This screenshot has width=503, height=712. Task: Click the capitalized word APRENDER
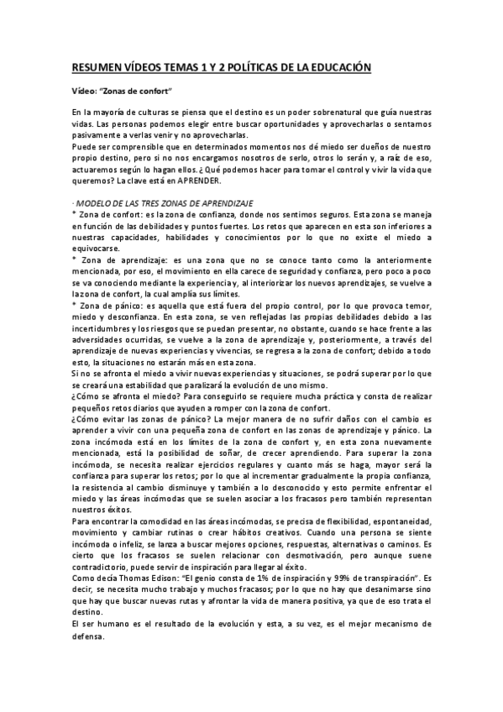click(199, 181)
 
